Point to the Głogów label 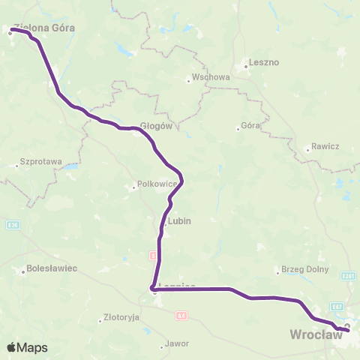click(157, 126)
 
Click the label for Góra click(250, 126)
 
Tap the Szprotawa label click(41, 161)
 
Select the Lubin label click(180, 221)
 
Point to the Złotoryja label click(121, 317)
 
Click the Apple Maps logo click(27, 348)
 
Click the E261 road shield click(347, 276)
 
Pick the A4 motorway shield click(181, 316)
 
